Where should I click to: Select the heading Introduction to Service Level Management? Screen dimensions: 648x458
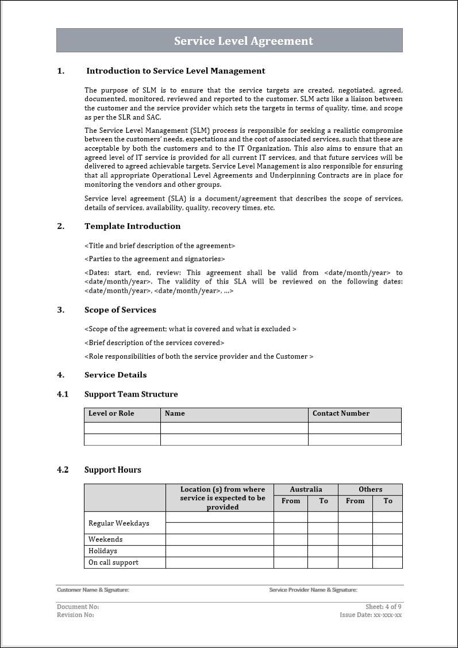[x=175, y=71]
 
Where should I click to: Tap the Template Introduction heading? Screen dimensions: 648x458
[x=132, y=227]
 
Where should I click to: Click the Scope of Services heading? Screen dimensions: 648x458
[x=120, y=310]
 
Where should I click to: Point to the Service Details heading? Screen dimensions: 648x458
[x=116, y=375]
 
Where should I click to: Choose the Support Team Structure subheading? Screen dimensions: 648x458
[x=131, y=394]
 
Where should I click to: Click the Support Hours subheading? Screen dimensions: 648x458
[x=113, y=470]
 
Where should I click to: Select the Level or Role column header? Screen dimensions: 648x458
[x=111, y=413]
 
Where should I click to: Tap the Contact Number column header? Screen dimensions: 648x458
[x=341, y=413]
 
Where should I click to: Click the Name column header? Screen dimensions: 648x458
[x=175, y=413]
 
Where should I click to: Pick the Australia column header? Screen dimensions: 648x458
[x=306, y=489]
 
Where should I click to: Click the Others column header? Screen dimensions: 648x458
[x=370, y=489]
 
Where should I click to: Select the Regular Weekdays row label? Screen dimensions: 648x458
[x=118, y=523]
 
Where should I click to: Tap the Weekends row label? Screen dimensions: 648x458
[x=105, y=539]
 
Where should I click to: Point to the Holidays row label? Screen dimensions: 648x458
[x=102, y=551]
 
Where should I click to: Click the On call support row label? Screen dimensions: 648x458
[x=113, y=562]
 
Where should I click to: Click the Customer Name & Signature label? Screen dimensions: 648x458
[x=93, y=590]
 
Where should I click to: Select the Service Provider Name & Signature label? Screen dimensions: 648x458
[x=313, y=590]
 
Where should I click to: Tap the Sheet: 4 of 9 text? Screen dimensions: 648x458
[x=383, y=607]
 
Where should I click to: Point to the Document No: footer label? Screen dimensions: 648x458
[x=78, y=607]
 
